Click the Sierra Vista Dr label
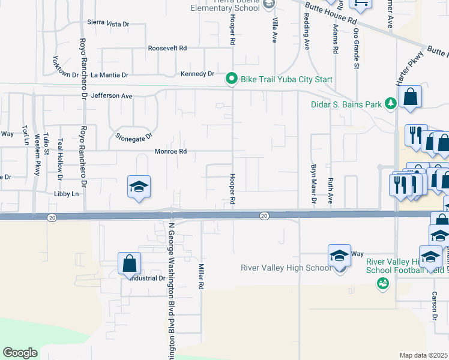(x=108, y=23)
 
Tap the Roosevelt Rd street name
(x=167, y=47)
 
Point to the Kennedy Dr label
(x=197, y=74)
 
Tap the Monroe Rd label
(x=171, y=151)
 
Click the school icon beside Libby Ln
(x=138, y=187)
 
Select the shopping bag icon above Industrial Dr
(x=129, y=263)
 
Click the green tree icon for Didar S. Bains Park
(x=390, y=104)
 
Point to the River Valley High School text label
(x=286, y=268)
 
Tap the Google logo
(x=20, y=353)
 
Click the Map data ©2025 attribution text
(x=424, y=355)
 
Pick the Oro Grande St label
(x=356, y=48)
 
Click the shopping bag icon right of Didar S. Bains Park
(x=411, y=97)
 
